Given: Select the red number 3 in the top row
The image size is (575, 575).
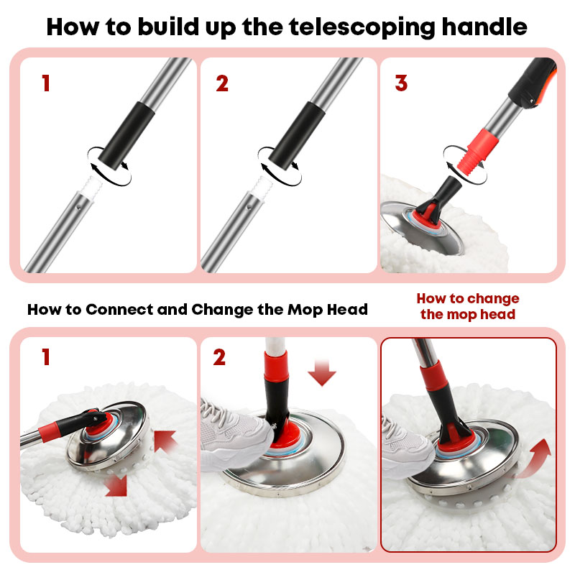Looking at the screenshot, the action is coord(401,83).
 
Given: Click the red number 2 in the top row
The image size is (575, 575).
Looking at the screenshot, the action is coord(222,83).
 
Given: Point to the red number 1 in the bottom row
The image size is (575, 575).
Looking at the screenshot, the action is coord(46,356).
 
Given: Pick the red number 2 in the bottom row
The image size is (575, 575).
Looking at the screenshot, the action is coord(219,357).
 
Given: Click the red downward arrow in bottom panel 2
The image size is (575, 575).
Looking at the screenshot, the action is coord(322,372).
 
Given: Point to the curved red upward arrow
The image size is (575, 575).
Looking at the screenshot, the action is coord(534,459).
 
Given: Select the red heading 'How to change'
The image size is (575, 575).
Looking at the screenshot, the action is coord(468,298).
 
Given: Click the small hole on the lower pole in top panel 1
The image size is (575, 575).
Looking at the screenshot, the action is coord(78,207).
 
